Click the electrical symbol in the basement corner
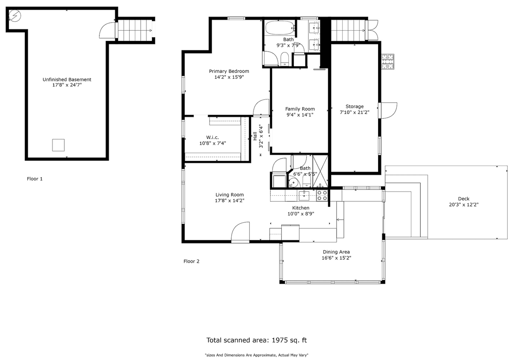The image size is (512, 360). coord(15,16)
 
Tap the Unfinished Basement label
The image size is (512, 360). coord(67,79)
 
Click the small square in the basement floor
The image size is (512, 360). coord(58,145)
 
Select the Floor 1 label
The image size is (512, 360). coord(35,179)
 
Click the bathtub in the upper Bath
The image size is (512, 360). coord(280,28)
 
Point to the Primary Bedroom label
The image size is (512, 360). coord(229,71)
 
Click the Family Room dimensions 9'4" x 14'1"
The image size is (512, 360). coord(300,115)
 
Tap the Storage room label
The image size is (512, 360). coord(355,107)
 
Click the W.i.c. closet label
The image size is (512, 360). coord(212,137)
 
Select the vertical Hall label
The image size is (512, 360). coord(255,136)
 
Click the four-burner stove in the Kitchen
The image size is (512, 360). coord(322,196)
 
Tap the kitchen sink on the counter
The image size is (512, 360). coord(304,196)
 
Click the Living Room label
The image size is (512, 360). coord(230,195)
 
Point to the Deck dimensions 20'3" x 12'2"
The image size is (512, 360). coord(463,205)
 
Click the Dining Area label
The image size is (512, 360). coord(336,252)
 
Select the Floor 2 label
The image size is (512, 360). coord(191,261)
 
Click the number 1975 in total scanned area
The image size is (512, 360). coord(280,340)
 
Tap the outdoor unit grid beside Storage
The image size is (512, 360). coord(388,61)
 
